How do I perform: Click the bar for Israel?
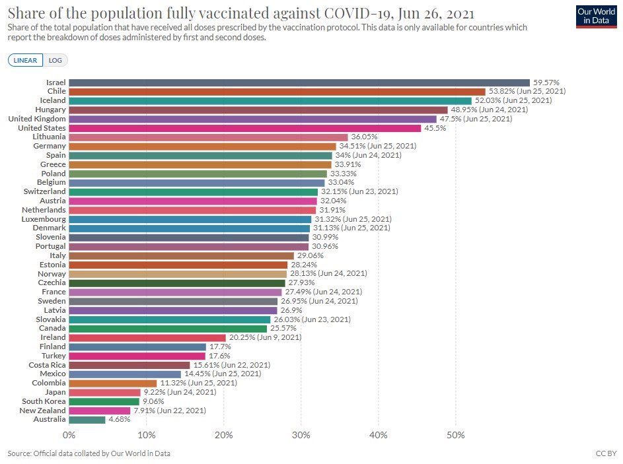click(x=299, y=83)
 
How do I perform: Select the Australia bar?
click(x=87, y=419)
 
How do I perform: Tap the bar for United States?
click(x=244, y=128)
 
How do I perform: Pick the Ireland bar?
click(x=147, y=337)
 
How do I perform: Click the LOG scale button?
click(x=55, y=60)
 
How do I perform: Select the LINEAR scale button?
click(x=26, y=60)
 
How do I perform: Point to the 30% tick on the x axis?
click(x=301, y=435)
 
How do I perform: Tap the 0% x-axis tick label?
click(x=69, y=435)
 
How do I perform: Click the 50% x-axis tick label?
click(x=455, y=435)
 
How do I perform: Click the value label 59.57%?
click(x=546, y=83)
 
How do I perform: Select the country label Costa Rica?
click(x=47, y=364)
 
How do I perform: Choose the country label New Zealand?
click(x=44, y=410)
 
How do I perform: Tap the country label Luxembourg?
click(x=44, y=219)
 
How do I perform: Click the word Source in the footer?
click(x=19, y=453)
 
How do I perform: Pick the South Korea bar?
click(x=104, y=401)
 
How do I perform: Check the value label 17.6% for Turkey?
click(x=219, y=356)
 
